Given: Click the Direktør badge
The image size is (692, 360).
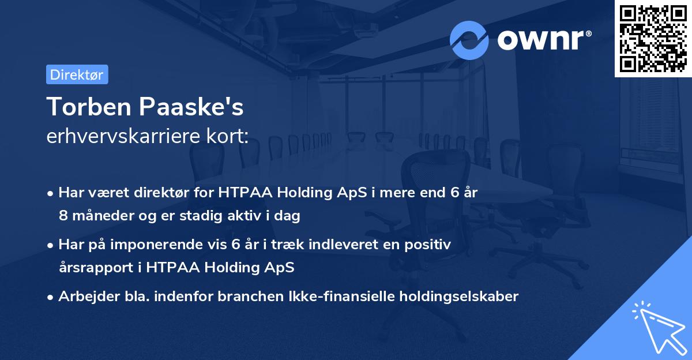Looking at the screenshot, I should point(77,74).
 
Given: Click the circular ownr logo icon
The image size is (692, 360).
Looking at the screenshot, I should point(469,40).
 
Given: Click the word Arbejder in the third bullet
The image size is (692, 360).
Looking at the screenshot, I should point(84,297).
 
